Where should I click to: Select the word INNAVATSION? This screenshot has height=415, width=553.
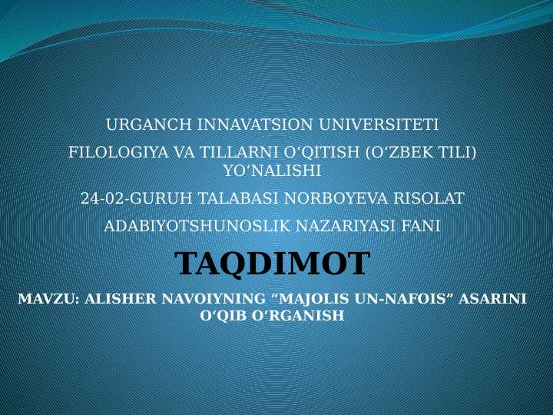coord(255,124)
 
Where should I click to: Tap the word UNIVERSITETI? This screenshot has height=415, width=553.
coord(379,124)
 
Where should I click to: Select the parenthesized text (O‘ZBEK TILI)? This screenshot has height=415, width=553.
coord(420,152)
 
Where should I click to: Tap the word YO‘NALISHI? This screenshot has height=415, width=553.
coord(272,171)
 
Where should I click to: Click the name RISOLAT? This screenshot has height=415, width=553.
coord(429,198)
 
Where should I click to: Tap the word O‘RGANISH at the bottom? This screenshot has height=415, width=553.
coord(298,315)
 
